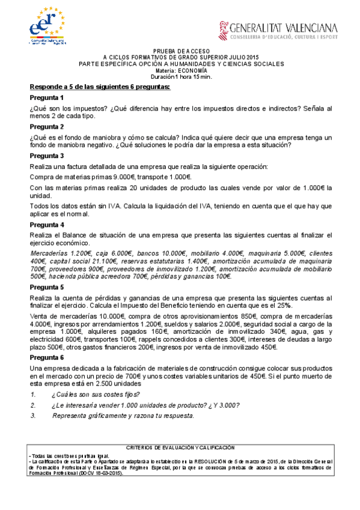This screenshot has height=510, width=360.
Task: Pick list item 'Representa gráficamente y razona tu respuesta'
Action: pos(123,415)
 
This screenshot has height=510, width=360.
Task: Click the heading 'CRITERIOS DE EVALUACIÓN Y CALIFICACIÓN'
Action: pos(180,448)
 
